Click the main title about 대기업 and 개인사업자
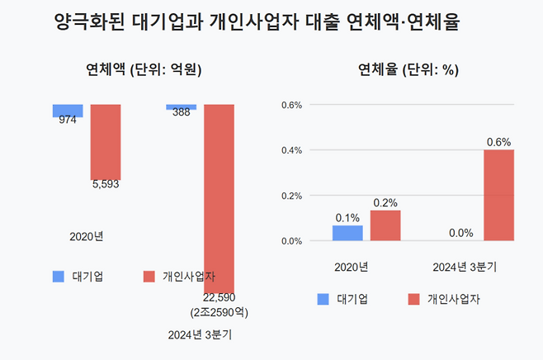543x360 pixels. tap(256, 22)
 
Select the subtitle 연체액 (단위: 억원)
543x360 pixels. tap(144, 70)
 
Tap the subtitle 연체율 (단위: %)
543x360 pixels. tap(408, 70)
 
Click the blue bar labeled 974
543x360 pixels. tap(68, 110)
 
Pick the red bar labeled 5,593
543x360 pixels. tap(106, 141)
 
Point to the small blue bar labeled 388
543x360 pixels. tap(182, 107)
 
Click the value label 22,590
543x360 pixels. tap(220, 298)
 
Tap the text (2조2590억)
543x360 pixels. tap(220, 313)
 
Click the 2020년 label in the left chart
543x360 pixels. tap(87, 237)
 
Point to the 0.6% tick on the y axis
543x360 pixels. tap(293, 105)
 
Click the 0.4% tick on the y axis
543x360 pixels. tap(293, 150)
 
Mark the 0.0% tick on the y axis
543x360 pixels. tap(293, 241)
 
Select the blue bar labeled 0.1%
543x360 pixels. tap(347, 233)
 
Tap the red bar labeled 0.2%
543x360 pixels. tap(385, 225)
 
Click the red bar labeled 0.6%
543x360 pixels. tap(499, 195)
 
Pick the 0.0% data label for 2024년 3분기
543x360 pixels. tap(460, 233)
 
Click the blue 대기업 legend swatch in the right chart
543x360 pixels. tap(323, 300)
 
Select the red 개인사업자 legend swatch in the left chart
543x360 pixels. tap(149, 276)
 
